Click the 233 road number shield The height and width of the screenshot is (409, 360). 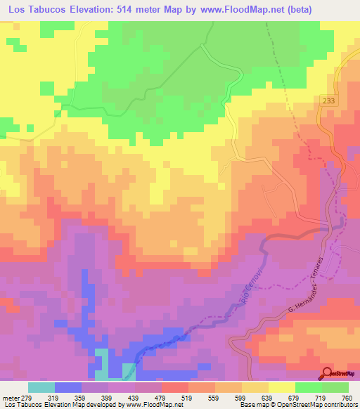[x=331, y=101]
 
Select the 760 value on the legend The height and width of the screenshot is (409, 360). [x=346, y=397]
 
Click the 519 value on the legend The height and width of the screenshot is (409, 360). [x=174, y=397]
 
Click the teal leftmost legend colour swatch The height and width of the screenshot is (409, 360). [x=41, y=387]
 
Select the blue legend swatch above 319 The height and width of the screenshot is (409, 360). [x=67, y=387]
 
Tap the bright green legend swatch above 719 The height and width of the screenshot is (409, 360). [x=308, y=387]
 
